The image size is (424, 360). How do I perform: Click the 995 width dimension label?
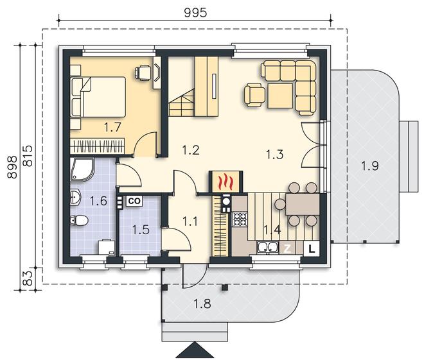pos(195,13)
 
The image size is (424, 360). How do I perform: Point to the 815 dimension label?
pos(28,156)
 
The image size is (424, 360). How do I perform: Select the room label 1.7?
pos(112,127)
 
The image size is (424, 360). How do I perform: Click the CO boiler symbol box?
pos(134,201)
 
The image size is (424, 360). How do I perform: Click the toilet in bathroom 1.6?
pos(79,220)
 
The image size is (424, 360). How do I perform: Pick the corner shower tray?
pos(82,169)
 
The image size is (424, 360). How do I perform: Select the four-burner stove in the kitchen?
pos(240,219)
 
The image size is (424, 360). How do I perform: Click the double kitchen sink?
pos(267,248)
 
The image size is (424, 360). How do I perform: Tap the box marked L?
pos(312,248)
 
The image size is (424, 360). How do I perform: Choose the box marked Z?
pos(287,248)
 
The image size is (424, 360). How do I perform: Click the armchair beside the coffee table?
pos(254,96)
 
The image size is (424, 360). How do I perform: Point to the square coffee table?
pos(280,96)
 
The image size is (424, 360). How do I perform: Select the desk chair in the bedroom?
pos(143,73)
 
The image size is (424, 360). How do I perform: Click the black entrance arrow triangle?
pos(194,350)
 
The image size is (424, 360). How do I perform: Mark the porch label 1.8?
pos(202,304)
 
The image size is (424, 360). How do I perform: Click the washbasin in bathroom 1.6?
pos(75,197)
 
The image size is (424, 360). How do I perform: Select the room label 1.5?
pos(141,230)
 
